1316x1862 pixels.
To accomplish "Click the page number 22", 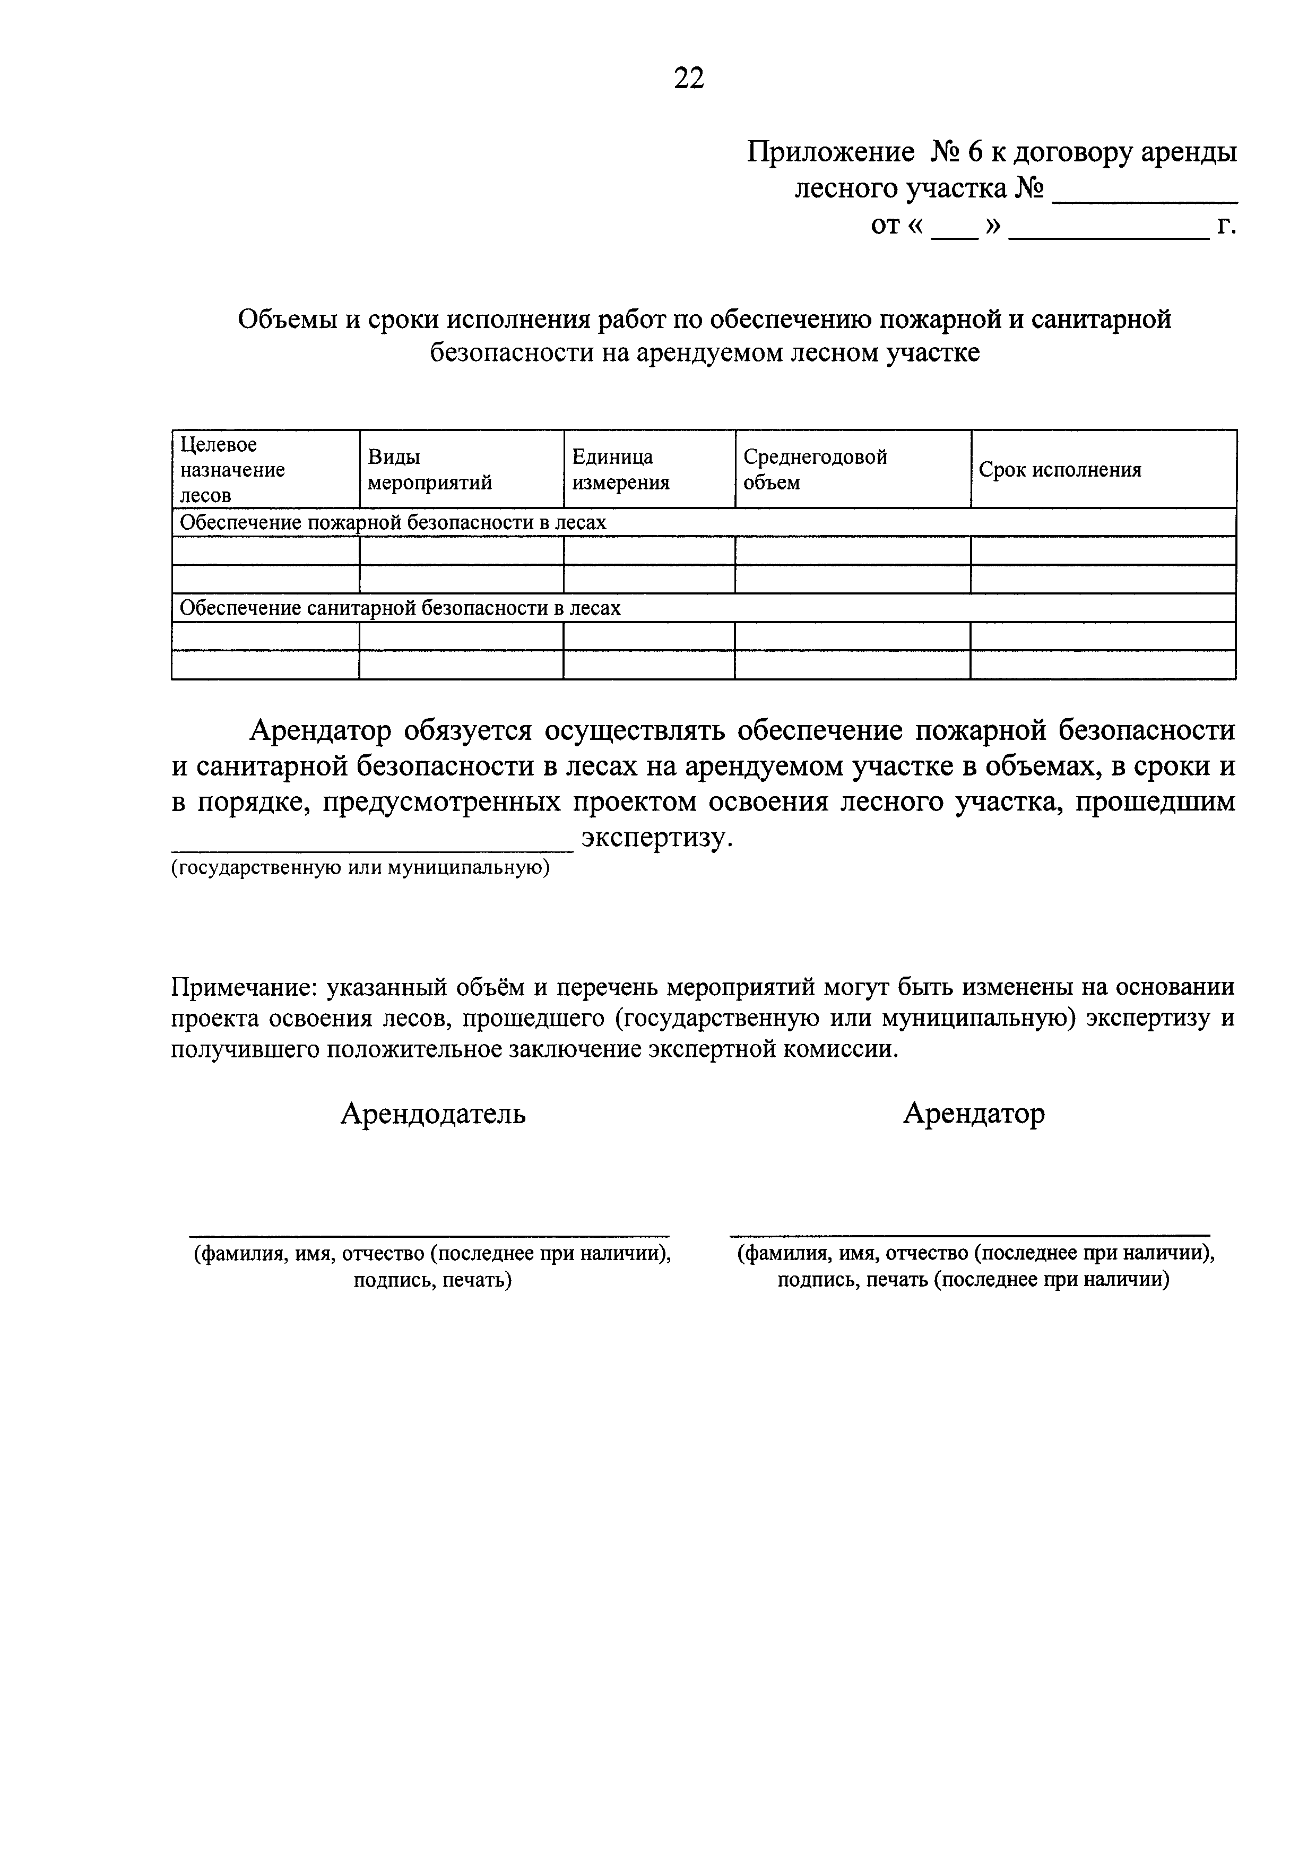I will (688, 78).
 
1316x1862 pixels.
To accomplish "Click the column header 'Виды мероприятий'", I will (430, 470).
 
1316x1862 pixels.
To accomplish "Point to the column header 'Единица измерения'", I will (621, 470).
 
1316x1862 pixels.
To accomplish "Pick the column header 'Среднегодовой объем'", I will (815, 470).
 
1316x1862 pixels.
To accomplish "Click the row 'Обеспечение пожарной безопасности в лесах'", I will (393, 523).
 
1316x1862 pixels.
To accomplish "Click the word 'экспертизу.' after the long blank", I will (657, 838).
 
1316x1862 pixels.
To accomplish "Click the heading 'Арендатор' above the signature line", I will (973, 1114).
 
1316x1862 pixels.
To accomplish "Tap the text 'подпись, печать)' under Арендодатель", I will (431, 1280).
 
